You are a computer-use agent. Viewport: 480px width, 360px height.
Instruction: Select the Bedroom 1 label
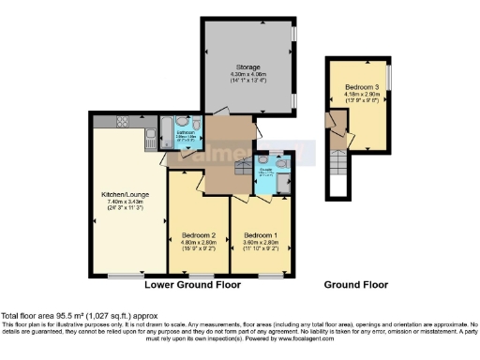point(262,233)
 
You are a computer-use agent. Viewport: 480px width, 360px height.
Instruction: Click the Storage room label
point(247,67)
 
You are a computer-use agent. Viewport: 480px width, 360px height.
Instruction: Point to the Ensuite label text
point(266,170)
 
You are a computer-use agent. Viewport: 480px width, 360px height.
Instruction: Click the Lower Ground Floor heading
point(192,284)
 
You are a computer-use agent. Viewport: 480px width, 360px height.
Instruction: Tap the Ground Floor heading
point(356,284)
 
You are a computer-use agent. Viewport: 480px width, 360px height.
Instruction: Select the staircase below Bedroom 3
point(337,172)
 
